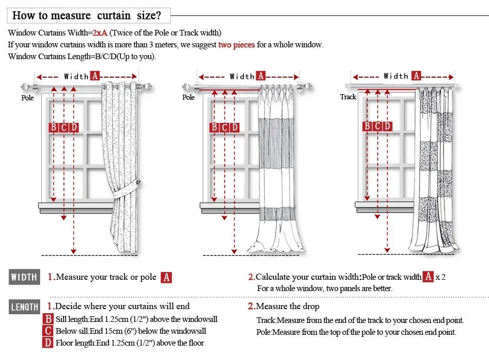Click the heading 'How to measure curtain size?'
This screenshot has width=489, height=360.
[x=87, y=15]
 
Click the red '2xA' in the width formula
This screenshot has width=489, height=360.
[x=100, y=33]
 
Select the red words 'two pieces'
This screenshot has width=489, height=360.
[x=236, y=45]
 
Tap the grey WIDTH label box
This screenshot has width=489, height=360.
[x=24, y=277]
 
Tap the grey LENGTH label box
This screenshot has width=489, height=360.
[x=24, y=307]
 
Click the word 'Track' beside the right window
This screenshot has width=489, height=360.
[x=348, y=97]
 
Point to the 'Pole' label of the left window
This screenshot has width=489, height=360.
[x=27, y=98]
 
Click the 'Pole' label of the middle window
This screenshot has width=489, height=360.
[x=188, y=97]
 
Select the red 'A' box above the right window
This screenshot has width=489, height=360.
[x=416, y=76]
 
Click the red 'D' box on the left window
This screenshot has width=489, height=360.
[x=74, y=127]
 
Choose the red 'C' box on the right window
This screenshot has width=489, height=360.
[x=377, y=126]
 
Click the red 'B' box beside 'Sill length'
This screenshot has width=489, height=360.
[x=48, y=319]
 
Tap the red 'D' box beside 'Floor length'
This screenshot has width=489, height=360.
[x=48, y=343]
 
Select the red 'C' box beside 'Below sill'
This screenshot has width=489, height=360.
[x=48, y=331]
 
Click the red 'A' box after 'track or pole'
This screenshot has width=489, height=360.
[x=166, y=278]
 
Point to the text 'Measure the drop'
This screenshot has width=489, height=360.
[x=287, y=307]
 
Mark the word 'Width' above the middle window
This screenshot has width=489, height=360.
[x=242, y=76]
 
